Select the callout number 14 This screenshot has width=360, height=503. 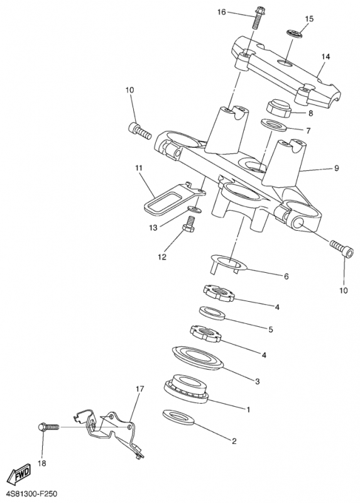[x=325, y=57]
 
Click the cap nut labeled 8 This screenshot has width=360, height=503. [x=279, y=108]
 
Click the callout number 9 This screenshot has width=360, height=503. [x=336, y=168]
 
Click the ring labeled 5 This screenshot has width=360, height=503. [x=212, y=312]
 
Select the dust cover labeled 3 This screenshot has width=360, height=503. [x=197, y=358]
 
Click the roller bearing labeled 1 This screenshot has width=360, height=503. [x=187, y=389]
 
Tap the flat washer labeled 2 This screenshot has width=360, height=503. [x=178, y=417]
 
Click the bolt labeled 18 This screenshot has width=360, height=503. [x=48, y=428]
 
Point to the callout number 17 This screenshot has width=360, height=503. [x=139, y=389]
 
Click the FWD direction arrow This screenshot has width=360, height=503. [x=19, y=473]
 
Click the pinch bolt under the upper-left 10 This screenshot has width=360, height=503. [x=139, y=131]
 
